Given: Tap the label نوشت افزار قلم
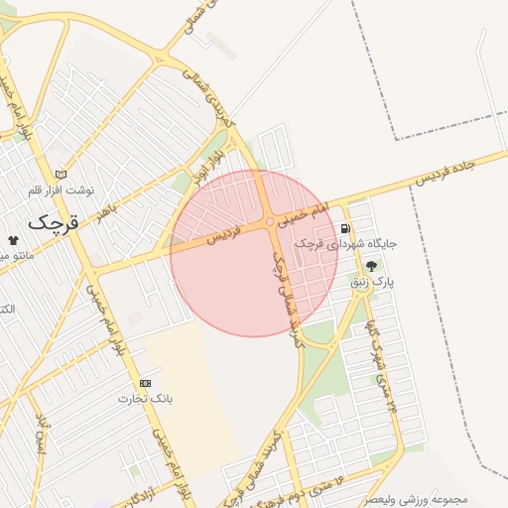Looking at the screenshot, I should pos(60,190).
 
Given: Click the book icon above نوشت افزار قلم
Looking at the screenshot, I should pos(62,174).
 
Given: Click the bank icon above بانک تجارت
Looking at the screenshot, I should pos(146,383).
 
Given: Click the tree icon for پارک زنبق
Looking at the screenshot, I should pos(372,266).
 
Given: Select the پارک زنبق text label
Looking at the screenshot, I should pos(371,283).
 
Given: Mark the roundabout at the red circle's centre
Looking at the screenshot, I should pos(270,223).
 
